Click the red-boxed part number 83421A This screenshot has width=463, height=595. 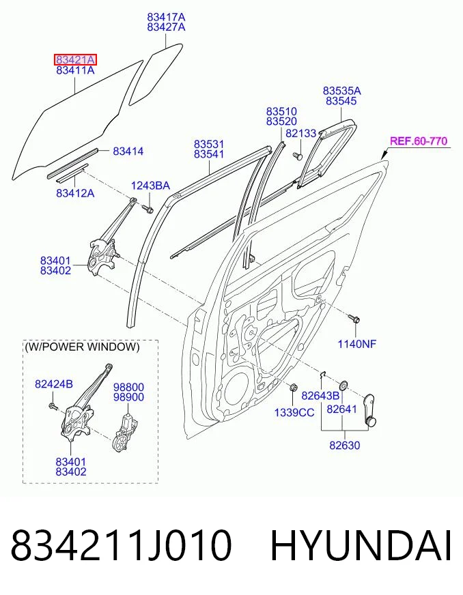point(75,59)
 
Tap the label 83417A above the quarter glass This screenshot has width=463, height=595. point(167,16)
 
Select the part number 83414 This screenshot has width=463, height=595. point(128,151)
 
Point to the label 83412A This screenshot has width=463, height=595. point(75,193)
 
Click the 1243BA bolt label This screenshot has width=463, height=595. point(150,186)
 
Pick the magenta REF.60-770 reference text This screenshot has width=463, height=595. point(419,141)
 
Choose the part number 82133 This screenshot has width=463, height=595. point(301,133)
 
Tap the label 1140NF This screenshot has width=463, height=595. point(357,344)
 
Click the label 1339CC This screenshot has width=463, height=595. point(294,413)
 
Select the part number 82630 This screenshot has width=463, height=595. point(344,445)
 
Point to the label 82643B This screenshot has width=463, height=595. point(320,396)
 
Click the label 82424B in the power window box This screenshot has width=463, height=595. point(53,384)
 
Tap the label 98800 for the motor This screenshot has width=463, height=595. point(129,387)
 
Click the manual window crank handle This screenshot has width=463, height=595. point(369,411)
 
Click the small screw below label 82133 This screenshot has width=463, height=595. point(297,156)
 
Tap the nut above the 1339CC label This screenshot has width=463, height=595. point(293,388)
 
